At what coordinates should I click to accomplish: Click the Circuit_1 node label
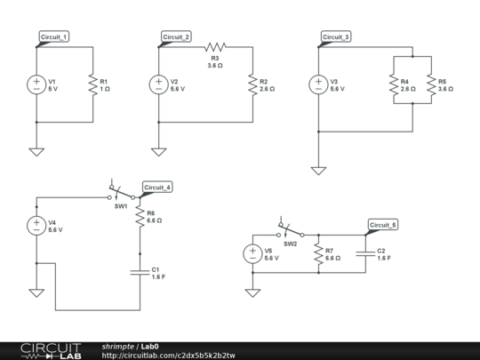pyautogui.click(x=54, y=36)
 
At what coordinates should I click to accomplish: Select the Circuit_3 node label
pyautogui.click(x=336, y=36)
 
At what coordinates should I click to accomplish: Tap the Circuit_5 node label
pyautogui.click(x=383, y=225)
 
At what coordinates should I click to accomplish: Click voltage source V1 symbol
pyautogui.click(x=36, y=85)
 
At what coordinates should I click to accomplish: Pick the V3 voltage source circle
pyautogui.click(x=318, y=85)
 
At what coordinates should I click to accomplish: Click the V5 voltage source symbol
pyautogui.click(x=252, y=254)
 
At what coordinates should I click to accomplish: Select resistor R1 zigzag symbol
pyautogui.click(x=92, y=85)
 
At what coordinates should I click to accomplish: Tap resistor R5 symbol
pyautogui.click(x=430, y=85)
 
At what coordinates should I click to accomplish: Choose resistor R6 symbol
pyautogui.click(x=139, y=217)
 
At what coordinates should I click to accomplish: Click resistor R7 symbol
pyautogui.click(x=317, y=254)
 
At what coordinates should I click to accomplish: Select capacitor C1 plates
pyautogui.click(x=139, y=272)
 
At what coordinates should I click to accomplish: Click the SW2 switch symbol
pyautogui.click(x=290, y=231)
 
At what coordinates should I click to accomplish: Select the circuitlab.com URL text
pyautogui.click(x=168, y=356)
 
